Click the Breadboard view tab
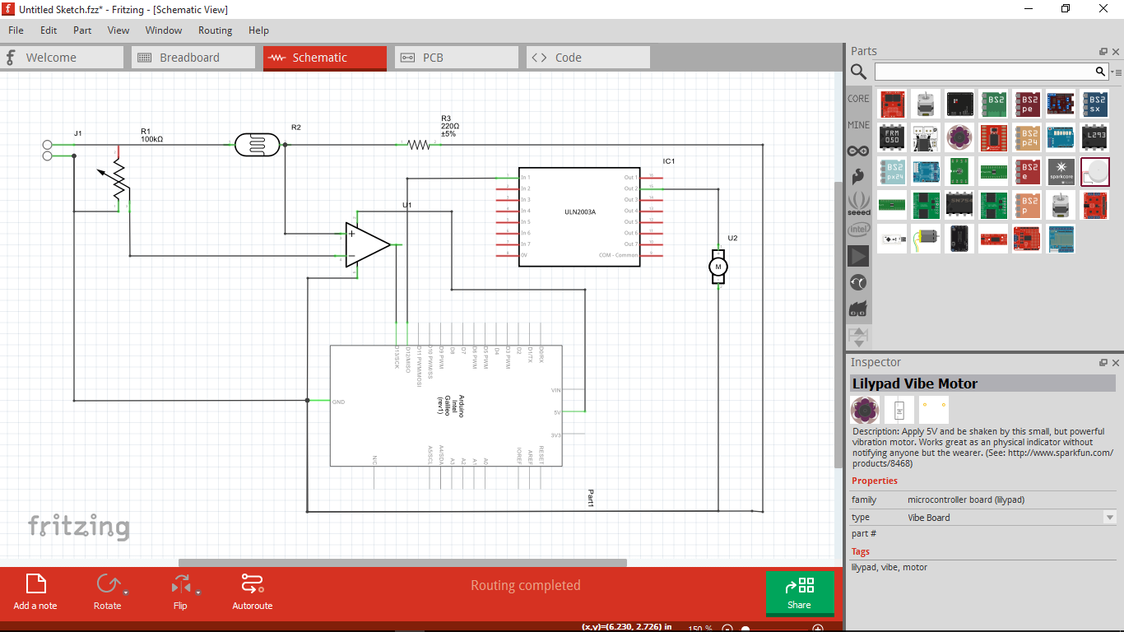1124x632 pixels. pos(188,58)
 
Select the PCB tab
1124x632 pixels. pos(432,58)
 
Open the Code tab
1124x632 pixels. pos(567,58)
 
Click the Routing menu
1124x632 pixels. pos(215,30)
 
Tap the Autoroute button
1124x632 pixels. pos(252,592)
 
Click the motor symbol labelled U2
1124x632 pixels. pos(718,267)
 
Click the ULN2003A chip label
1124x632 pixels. pos(579,212)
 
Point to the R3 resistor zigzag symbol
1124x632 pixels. pos(419,145)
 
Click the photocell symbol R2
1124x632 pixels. pos(258,145)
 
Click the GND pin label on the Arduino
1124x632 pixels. pos(338,402)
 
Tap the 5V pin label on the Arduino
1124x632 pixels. pos(557,412)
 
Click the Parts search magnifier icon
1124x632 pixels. pos(858,72)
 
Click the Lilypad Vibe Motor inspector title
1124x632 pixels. pos(914,383)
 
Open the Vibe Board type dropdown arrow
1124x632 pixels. pos(1110,518)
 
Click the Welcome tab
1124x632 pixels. pos(50,58)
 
